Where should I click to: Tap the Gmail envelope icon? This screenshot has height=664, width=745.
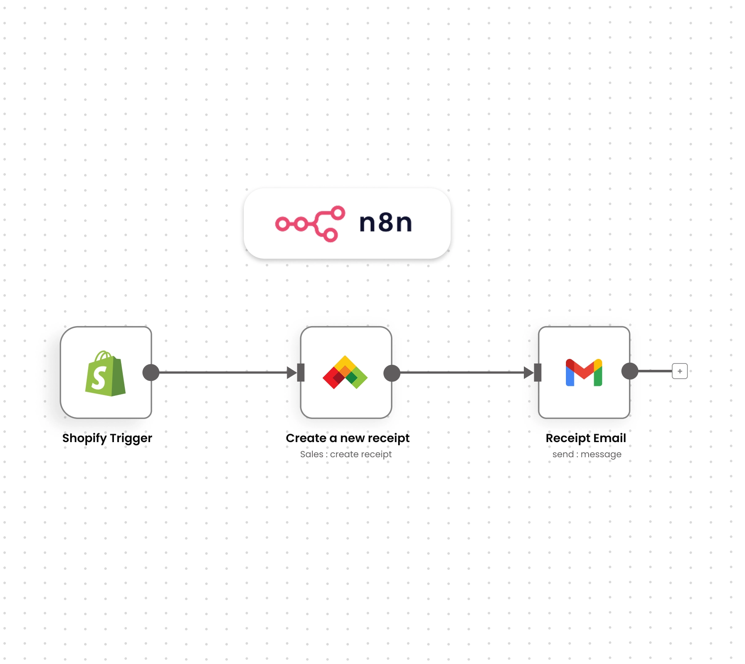tap(584, 372)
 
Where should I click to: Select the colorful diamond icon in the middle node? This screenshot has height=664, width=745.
tap(345, 372)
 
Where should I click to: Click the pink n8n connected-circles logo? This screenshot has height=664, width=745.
tap(310, 224)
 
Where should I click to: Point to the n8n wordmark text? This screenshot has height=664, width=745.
tap(386, 223)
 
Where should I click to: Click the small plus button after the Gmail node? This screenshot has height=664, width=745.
tap(679, 371)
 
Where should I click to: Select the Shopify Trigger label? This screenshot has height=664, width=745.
tap(107, 438)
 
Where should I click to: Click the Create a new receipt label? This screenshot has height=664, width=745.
tap(347, 438)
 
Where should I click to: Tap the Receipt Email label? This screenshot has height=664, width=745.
tap(586, 438)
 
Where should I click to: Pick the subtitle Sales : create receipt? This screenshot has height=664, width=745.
tap(346, 454)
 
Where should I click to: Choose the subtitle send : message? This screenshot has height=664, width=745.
tap(586, 454)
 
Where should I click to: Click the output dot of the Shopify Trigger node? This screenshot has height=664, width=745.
tap(151, 372)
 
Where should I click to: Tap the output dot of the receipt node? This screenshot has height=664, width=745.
tap(392, 373)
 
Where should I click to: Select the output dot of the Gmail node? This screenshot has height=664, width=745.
tap(630, 371)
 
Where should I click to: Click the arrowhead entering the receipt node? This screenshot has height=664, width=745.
tap(291, 372)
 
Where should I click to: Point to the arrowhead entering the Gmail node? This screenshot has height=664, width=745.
tap(528, 372)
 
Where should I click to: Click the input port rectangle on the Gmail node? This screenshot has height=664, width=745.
tap(538, 372)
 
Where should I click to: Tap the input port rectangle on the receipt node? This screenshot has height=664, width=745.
tap(301, 372)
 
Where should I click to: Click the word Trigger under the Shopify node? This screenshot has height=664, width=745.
tap(131, 438)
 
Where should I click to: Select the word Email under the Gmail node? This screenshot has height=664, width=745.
tap(609, 438)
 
